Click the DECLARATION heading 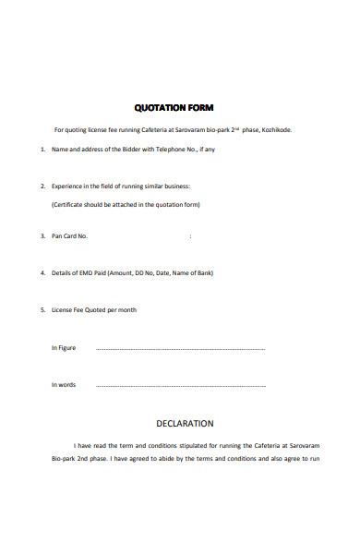pos(185,424)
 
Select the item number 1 pos(42,150)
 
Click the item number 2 pos(42,186)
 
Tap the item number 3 pos(42,236)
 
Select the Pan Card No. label pos(69,236)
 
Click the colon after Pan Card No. pos(190,237)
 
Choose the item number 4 pos(42,273)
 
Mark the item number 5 pos(42,310)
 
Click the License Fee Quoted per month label pos(93,310)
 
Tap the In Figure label pos(64,348)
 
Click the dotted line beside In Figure pos(180,349)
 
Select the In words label pos(64,385)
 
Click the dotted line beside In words pos(180,386)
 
